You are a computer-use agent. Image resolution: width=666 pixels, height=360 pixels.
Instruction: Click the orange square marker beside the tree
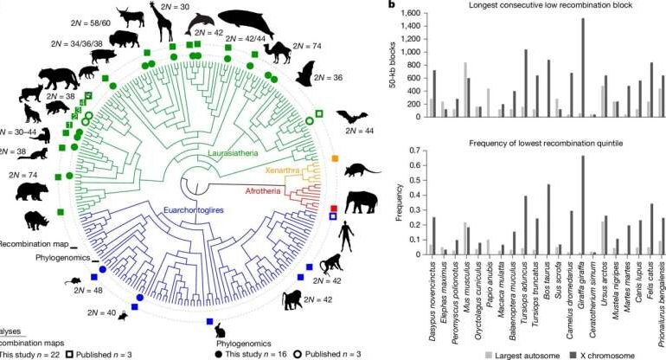[336, 160]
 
